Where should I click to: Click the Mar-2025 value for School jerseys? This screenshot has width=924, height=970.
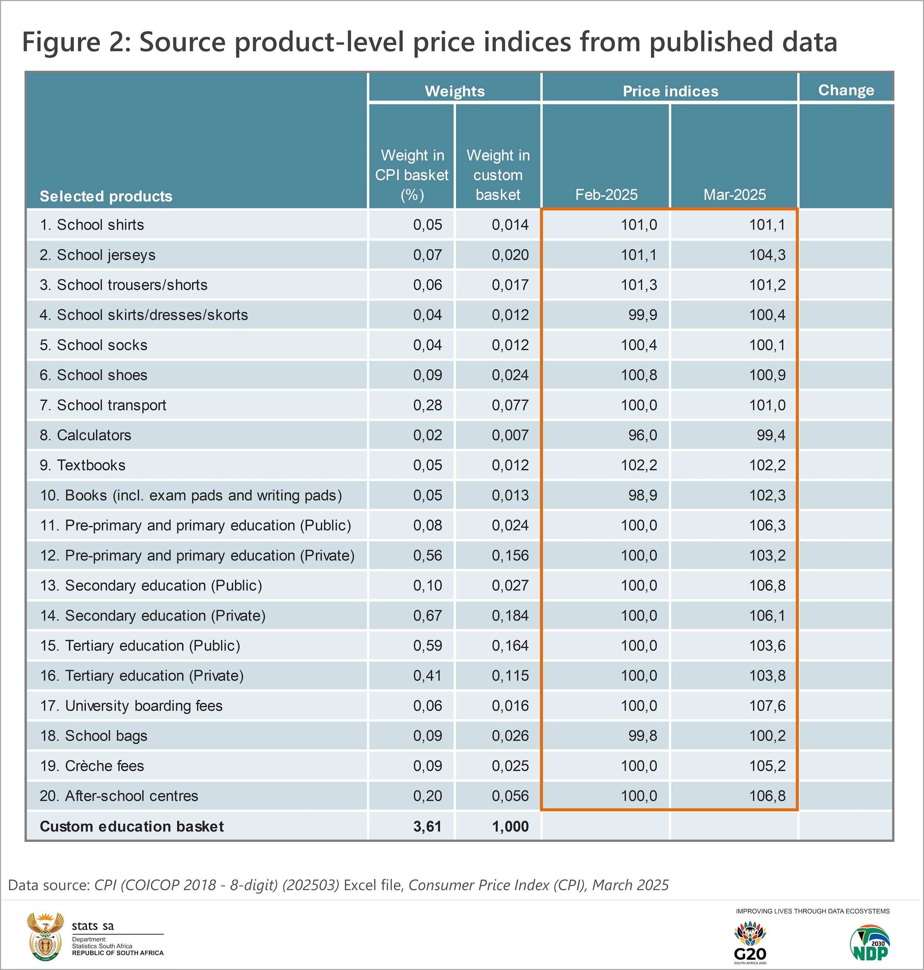click(x=767, y=255)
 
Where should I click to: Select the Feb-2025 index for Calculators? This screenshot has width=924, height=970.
click(x=642, y=435)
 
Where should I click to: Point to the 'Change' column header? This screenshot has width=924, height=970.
click(x=846, y=90)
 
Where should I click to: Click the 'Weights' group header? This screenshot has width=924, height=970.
click(x=455, y=91)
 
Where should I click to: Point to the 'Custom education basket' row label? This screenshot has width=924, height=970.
click(x=132, y=826)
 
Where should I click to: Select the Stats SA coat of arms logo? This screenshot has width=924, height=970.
click(x=45, y=936)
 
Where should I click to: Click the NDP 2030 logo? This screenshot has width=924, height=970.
click(x=869, y=942)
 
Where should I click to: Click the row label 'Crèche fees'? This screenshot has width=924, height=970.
click(x=92, y=766)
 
